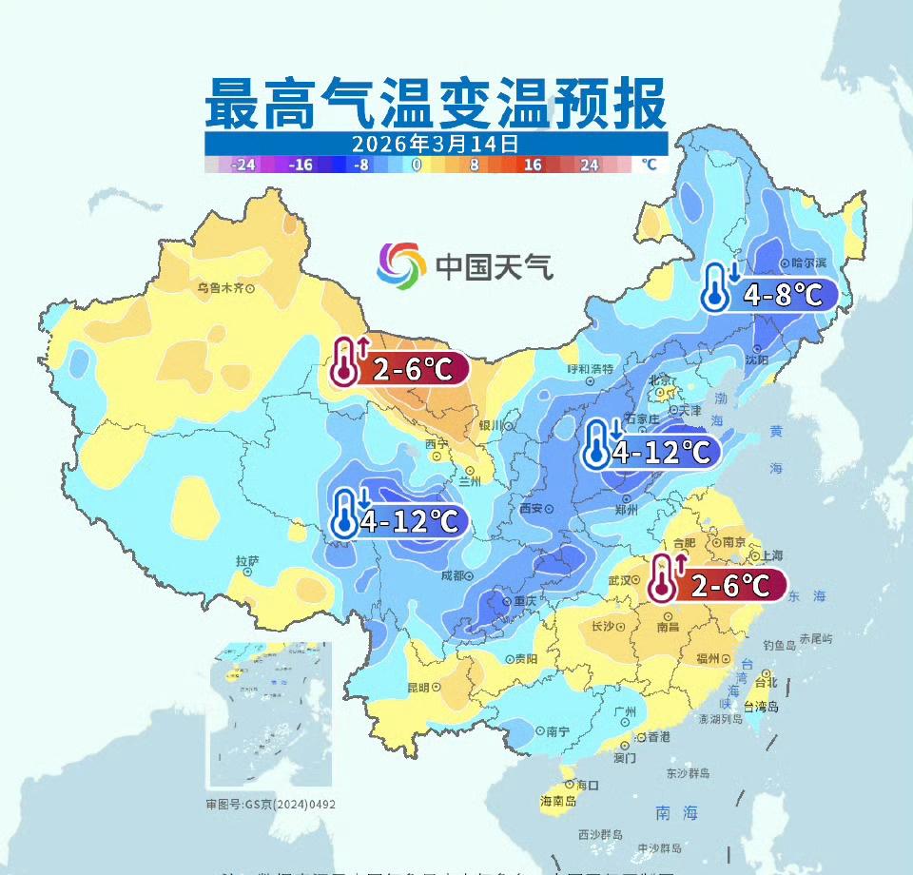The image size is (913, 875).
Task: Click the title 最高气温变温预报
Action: pyautogui.click(x=436, y=104)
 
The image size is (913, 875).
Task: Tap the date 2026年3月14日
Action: pyautogui.click(x=435, y=144)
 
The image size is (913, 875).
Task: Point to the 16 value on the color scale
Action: pyautogui.click(x=532, y=164)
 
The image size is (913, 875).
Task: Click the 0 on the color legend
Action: pyautogui.click(x=417, y=164)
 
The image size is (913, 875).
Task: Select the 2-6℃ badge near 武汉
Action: pyautogui.click(x=718, y=585)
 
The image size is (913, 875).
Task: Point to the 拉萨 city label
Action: pyautogui.click(x=246, y=561)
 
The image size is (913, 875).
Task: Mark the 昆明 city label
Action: pyautogui.click(x=418, y=687)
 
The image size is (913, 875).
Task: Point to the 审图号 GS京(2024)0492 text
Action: pyautogui.click(x=270, y=804)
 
